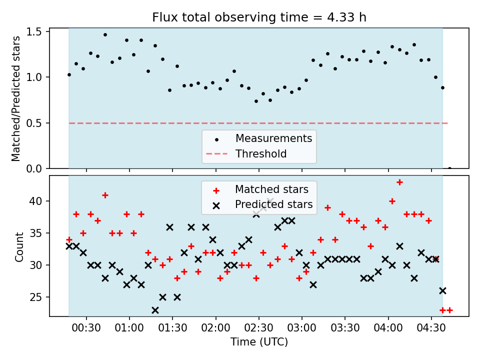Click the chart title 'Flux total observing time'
[x=230, y=17]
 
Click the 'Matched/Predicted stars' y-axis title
[x=15, y=98]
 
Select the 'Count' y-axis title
[x=19, y=246]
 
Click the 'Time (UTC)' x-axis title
[x=259, y=341]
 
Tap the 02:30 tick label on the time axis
[x=258, y=328]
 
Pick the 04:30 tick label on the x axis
[x=431, y=328]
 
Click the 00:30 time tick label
[x=86, y=328]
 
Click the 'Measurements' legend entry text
[x=273, y=138]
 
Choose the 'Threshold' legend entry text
[x=261, y=153]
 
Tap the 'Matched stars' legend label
[x=271, y=189]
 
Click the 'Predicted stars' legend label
[x=273, y=204]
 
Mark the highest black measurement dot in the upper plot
[x=105, y=35]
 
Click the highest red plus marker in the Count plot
[x=399, y=182]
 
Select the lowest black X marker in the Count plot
[x=155, y=310]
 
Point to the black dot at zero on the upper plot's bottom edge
[x=449, y=168]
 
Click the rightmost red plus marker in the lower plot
[x=449, y=310]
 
